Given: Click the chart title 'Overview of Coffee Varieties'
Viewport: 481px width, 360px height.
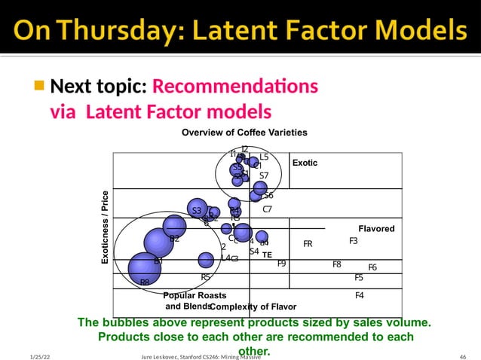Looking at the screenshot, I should [x=244, y=133].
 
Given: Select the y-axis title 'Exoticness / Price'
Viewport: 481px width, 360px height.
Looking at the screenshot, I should [x=106, y=226].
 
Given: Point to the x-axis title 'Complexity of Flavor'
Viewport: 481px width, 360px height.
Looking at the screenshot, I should [x=253, y=307].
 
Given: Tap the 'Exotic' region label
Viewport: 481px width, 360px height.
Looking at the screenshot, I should [x=305, y=163].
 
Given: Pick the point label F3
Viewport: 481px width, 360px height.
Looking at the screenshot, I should [x=353, y=241].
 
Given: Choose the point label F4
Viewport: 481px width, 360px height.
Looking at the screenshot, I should [x=359, y=295].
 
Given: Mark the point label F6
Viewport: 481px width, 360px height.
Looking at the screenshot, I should [x=372, y=267].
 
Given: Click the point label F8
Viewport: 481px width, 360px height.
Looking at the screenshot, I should [x=337, y=264].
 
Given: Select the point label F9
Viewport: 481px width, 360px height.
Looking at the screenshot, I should [x=281, y=264].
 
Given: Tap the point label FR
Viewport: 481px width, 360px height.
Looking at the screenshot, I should [x=308, y=244].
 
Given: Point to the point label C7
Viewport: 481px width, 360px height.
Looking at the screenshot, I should [x=267, y=209].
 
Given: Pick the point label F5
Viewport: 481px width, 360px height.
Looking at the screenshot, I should [x=359, y=277].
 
